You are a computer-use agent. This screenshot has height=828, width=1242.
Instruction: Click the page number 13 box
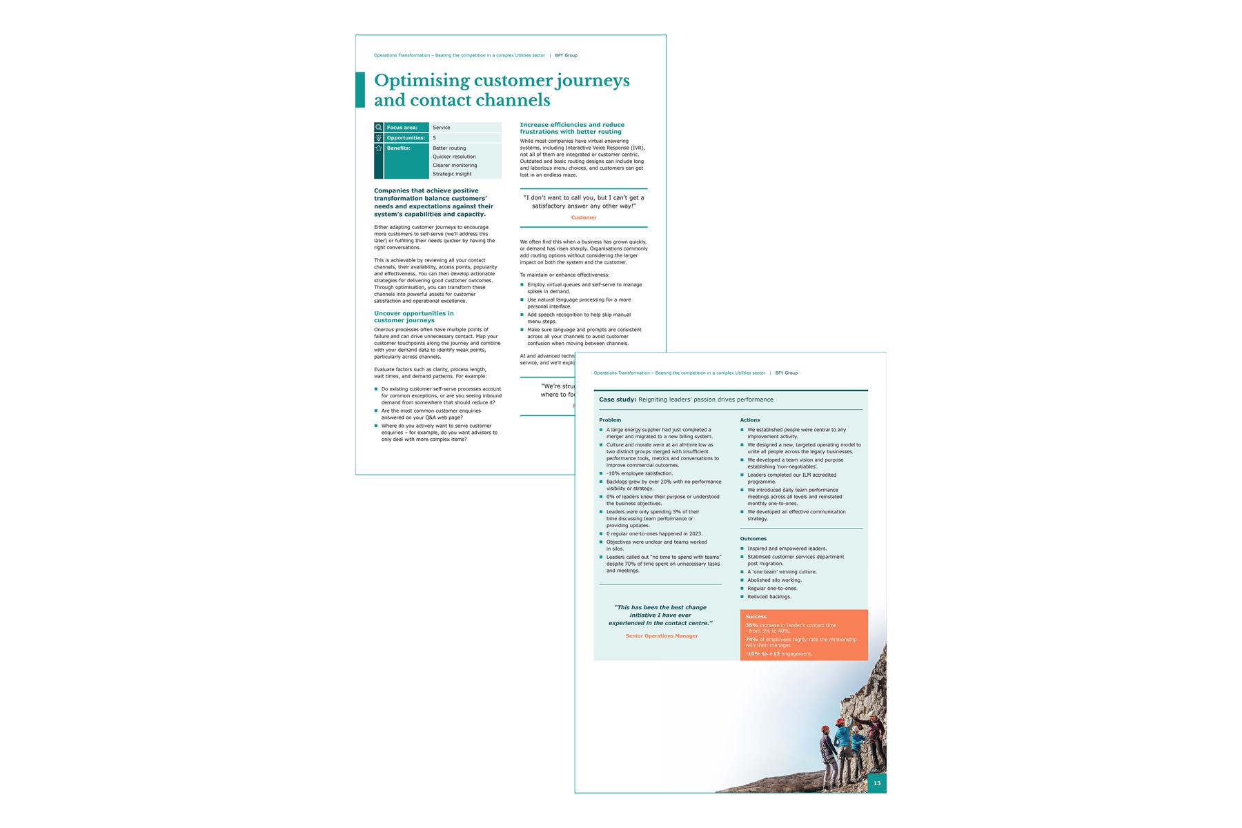876,783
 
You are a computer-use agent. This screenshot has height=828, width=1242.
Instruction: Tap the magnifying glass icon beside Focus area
379,128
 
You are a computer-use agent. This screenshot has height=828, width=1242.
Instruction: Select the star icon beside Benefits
379,148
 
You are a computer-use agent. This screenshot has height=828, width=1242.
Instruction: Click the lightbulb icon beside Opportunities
379,138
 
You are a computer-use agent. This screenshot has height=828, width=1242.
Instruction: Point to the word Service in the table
442,128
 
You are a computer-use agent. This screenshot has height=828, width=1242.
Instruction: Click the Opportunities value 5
435,138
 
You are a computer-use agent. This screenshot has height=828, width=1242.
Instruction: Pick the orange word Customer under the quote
584,218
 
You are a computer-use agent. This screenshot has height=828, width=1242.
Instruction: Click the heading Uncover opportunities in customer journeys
414,317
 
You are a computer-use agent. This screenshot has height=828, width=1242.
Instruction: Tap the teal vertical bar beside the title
359,90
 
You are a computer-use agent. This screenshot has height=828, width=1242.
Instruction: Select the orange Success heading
756,616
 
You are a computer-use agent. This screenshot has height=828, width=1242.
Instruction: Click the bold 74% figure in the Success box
751,639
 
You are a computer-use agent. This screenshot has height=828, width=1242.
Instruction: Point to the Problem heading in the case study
610,420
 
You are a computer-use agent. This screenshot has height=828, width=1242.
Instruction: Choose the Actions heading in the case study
750,420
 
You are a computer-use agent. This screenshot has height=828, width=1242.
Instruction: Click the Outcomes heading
753,538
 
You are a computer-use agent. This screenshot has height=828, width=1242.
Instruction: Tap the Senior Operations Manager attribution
662,635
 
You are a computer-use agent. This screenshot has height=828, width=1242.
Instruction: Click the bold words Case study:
618,400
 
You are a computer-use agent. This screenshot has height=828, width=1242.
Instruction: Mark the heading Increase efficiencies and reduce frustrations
572,128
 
